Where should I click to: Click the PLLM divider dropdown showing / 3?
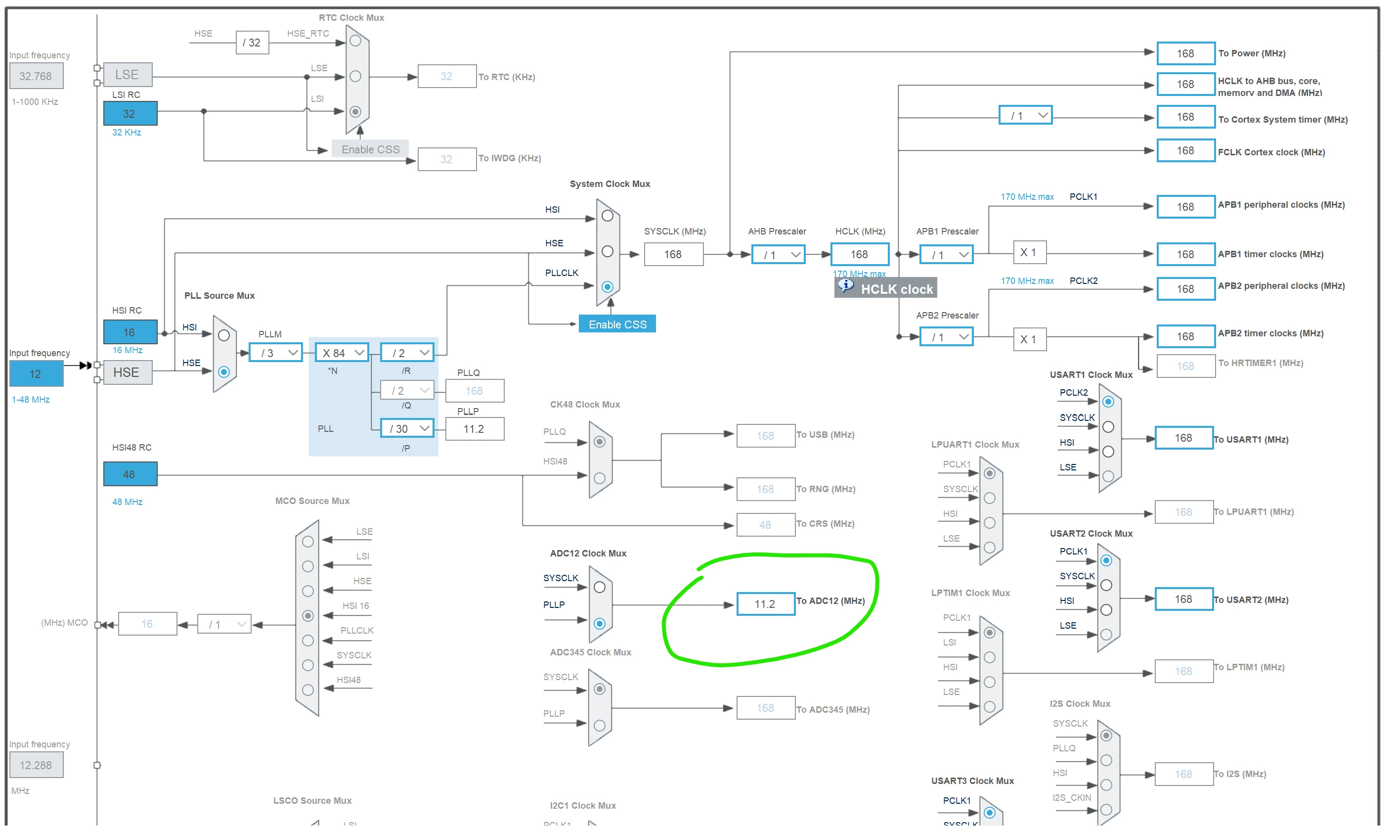(275, 353)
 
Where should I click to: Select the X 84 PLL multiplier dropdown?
(342, 353)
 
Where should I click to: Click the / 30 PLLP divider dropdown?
(407, 429)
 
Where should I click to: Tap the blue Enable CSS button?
(617, 324)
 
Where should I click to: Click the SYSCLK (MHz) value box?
(673, 255)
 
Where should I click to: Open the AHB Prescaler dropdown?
(778, 255)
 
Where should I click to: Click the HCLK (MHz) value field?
(859, 255)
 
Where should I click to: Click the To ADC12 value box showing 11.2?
(765, 604)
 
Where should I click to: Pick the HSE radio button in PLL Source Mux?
(224, 372)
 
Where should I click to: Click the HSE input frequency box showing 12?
(36, 374)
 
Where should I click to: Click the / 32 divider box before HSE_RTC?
(252, 43)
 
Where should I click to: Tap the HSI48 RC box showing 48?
(130, 474)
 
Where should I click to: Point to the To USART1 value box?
(1183, 439)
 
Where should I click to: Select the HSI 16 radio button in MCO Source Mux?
(307, 616)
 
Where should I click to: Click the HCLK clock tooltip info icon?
(846, 286)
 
